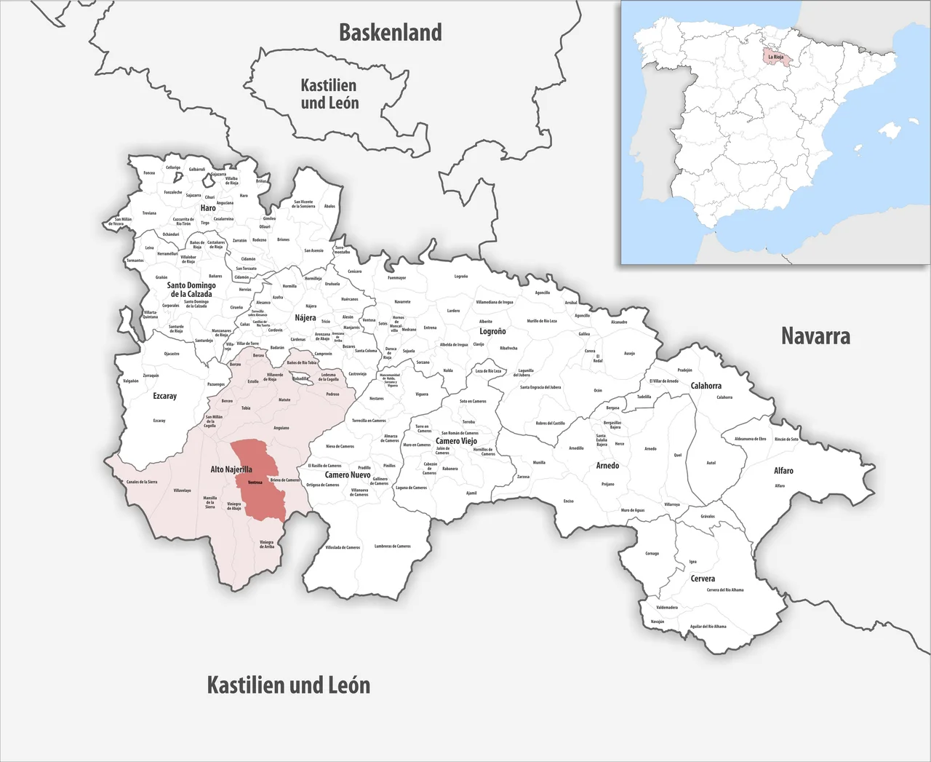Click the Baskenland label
point(391,33)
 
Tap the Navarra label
point(815,336)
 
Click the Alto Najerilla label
point(231,469)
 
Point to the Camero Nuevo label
point(348,475)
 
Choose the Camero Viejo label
point(456,441)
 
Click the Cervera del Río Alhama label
point(725,590)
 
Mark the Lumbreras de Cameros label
point(393,546)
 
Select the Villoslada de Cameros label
point(343,547)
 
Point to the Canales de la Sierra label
point(142,482)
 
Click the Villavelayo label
point(182,491)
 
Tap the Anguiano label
point(281,428)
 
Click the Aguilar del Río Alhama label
point(708,626)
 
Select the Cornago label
point(652,553)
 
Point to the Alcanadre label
point(619,322)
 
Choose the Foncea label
point(149,172)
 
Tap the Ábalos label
point(329,206)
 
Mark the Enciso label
point(569,501)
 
